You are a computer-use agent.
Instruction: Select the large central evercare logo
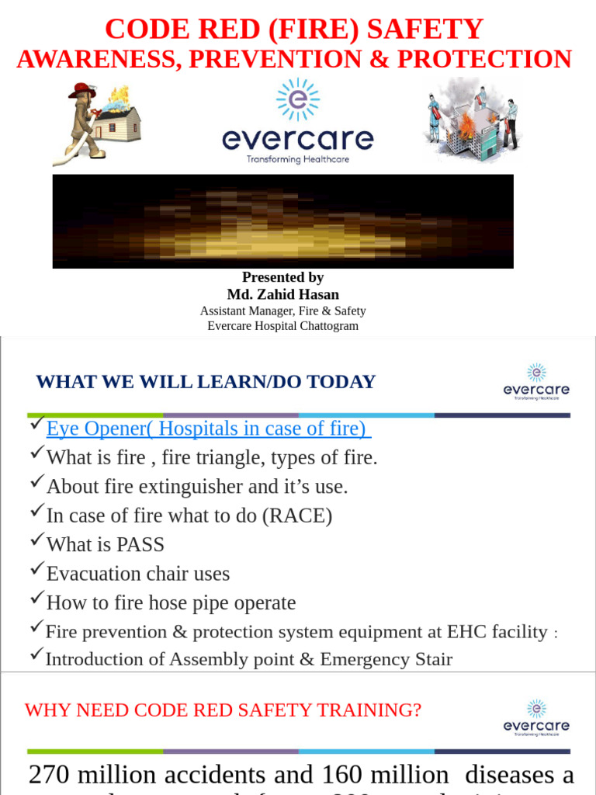(297, 124)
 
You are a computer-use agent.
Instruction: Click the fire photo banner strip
(282, 221)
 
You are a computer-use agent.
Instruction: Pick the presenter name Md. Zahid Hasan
(282, 294)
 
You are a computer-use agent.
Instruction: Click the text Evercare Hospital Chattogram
(282, 326)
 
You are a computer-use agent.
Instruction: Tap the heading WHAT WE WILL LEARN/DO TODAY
(206, 382)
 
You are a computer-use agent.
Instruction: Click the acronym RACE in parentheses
(296, 516)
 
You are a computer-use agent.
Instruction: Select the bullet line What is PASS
(106, 544)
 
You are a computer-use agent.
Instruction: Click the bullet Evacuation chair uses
(138, 574)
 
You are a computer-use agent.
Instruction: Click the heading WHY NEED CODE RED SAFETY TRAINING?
(223, 710)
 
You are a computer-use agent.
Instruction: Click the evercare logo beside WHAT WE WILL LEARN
(536, 381)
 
